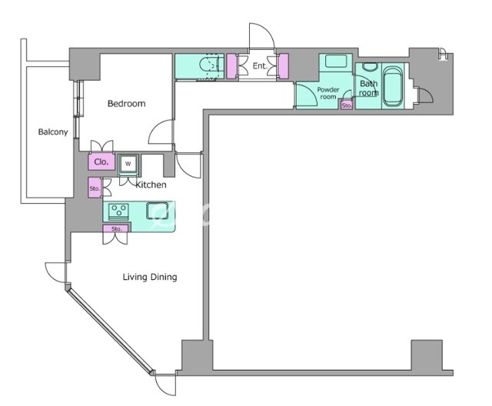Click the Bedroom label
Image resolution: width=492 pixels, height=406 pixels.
coord(126,104)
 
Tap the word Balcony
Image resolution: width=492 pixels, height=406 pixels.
coord(53,131)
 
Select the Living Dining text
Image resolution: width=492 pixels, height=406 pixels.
coord(150,277)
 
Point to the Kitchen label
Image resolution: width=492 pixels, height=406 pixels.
coord(151,185)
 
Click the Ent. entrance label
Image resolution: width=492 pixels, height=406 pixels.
coord(260,66)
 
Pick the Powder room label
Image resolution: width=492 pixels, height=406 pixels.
coord(328,93)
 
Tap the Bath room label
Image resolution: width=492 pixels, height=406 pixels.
coord(369,88)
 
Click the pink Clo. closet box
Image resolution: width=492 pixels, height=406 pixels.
coord(101,161)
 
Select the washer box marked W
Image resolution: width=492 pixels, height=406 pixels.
coord(128,164)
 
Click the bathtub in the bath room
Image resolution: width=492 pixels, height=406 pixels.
coord(393,86)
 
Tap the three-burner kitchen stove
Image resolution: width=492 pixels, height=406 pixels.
coord(118,211)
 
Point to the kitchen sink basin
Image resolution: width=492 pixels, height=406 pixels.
coord(158,211)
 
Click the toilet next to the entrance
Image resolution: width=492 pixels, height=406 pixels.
coord(210,67)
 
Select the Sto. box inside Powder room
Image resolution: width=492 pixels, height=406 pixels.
coord(347,105)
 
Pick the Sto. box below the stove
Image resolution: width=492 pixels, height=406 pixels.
coord(115,228)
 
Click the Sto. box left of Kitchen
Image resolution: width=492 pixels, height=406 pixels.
coord(95,188)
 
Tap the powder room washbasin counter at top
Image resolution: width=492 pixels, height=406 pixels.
coord(336,62)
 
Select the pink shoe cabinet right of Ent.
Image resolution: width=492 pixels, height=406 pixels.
coord(284,66)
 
